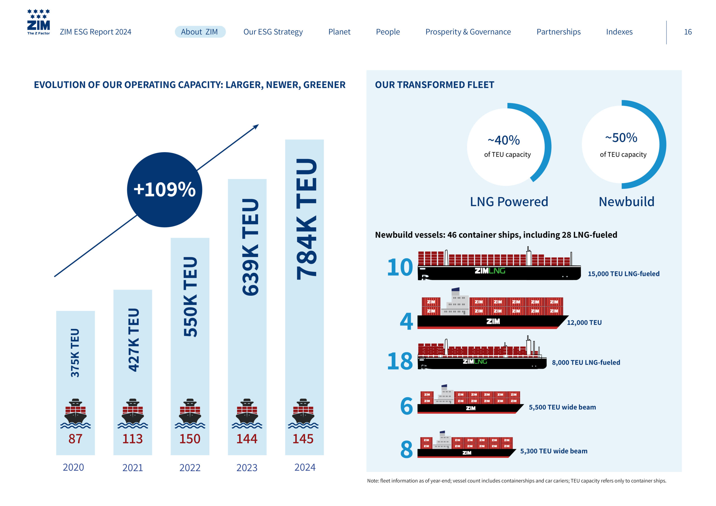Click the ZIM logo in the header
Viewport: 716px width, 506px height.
click(x=38, y=22)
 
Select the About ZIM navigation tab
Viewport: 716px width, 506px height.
click(x=200, y=32)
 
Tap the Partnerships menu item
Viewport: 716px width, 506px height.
click(x=558, y=32)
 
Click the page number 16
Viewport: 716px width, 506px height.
click(x=688, y=32)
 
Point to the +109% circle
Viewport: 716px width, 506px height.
click(x=164, y=190)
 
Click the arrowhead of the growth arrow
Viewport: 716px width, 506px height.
click(x=256, y=126)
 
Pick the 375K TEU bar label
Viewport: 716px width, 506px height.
click(x=75, y=353)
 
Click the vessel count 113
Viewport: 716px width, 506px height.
click(x=133, y=439)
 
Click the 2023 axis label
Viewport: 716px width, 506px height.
click(x=247, y=467)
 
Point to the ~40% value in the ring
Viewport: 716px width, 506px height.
click(x=504, y=140)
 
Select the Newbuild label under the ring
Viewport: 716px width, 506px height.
click(x=626, y=202)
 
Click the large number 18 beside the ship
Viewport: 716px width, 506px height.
click(x=399, y=361)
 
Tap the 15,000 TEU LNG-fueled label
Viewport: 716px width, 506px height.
click(x=623, y=274)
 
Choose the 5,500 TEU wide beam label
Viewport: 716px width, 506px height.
click(x=562, y=407)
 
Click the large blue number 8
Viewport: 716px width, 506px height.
click(x=406, y=450)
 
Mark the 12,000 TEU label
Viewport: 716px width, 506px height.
click(x=584, y=322)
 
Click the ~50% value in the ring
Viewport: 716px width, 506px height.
click(x=621, y=138)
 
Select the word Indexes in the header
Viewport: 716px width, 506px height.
click(x=619, y=32)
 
